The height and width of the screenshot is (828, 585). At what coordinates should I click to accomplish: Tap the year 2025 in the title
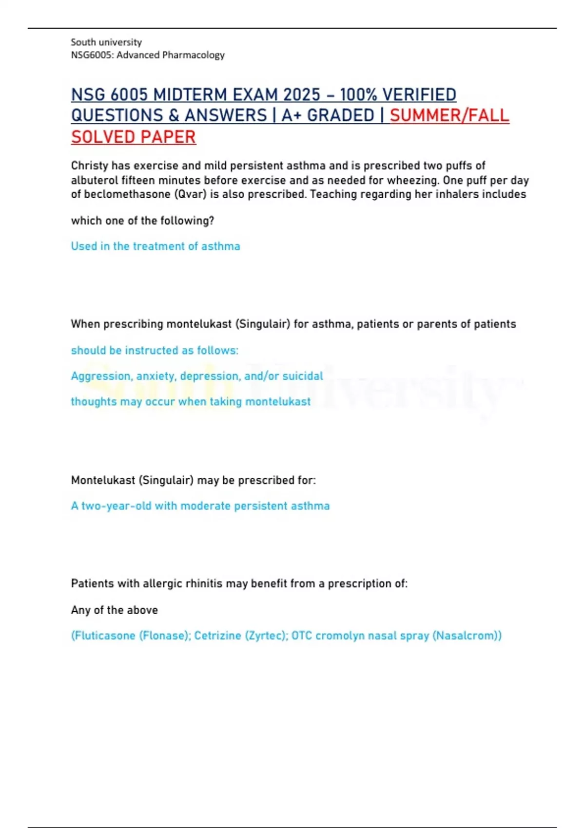(302, 94)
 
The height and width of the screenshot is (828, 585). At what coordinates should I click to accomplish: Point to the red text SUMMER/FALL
(449, 116)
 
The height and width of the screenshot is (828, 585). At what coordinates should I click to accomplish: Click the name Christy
(90, 166)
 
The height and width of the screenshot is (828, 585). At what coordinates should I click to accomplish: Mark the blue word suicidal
(304, 376)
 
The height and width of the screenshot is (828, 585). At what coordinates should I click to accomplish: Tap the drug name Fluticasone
(104, 636)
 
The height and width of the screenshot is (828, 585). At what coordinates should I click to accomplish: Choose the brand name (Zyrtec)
(266, 636)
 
